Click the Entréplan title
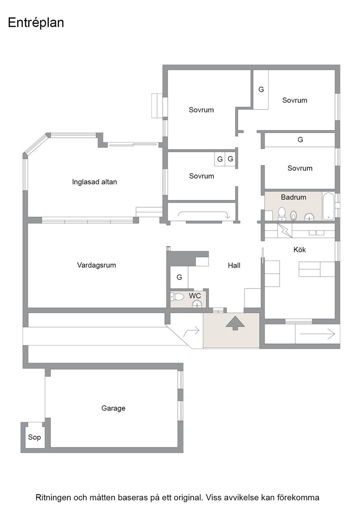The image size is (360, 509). (36, 23)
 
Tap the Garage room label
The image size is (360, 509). (113, 408)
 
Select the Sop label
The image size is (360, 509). (35, 437)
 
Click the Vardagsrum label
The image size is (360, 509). (96, 265)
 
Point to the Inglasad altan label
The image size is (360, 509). (95, 182)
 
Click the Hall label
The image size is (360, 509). (234, 265)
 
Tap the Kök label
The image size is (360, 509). (300, 250)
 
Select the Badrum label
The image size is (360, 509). (294, 197)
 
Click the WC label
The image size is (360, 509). (195, 296)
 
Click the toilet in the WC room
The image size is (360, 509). (177, 297)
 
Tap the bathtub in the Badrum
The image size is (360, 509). (328, 206)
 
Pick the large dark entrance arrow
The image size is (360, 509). (235, 323)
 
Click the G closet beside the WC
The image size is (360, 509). (179, 277)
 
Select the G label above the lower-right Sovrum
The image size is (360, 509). (300, 140)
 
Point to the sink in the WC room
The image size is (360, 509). (197, 304)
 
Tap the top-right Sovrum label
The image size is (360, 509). (295, 100)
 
